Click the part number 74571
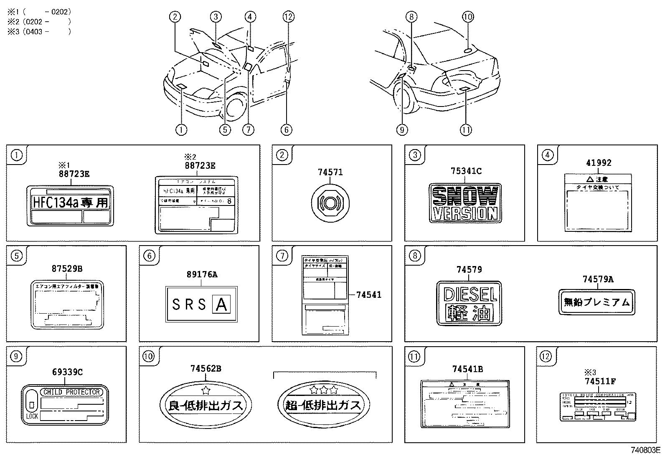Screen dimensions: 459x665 click(x=330, y=172)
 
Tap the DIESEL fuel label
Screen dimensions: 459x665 click(x=469, y=303)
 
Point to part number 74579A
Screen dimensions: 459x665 click(x=598, y=279)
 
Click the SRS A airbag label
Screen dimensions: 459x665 click(x=201, y=304)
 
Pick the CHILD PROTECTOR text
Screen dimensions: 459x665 click(x=72, y=392)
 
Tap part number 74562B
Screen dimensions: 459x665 click(x=206, y=368)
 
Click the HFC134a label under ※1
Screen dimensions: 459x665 click(x=70, y=205)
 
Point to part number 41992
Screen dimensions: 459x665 click(x=598, y=163)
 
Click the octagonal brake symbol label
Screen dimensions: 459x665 click(x=330, y=203)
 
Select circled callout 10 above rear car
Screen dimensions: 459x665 click(x=467, y=17)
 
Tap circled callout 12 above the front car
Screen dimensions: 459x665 click(x=288, y=17)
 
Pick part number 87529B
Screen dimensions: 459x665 click(x=67, y=269)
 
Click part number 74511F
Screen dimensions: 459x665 click(x=600, y=380)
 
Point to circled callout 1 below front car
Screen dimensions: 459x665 click(x=181, y=130)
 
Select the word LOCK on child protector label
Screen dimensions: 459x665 click(x=32, y=416)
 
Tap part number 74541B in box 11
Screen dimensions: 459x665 click(x=467, y=369)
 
